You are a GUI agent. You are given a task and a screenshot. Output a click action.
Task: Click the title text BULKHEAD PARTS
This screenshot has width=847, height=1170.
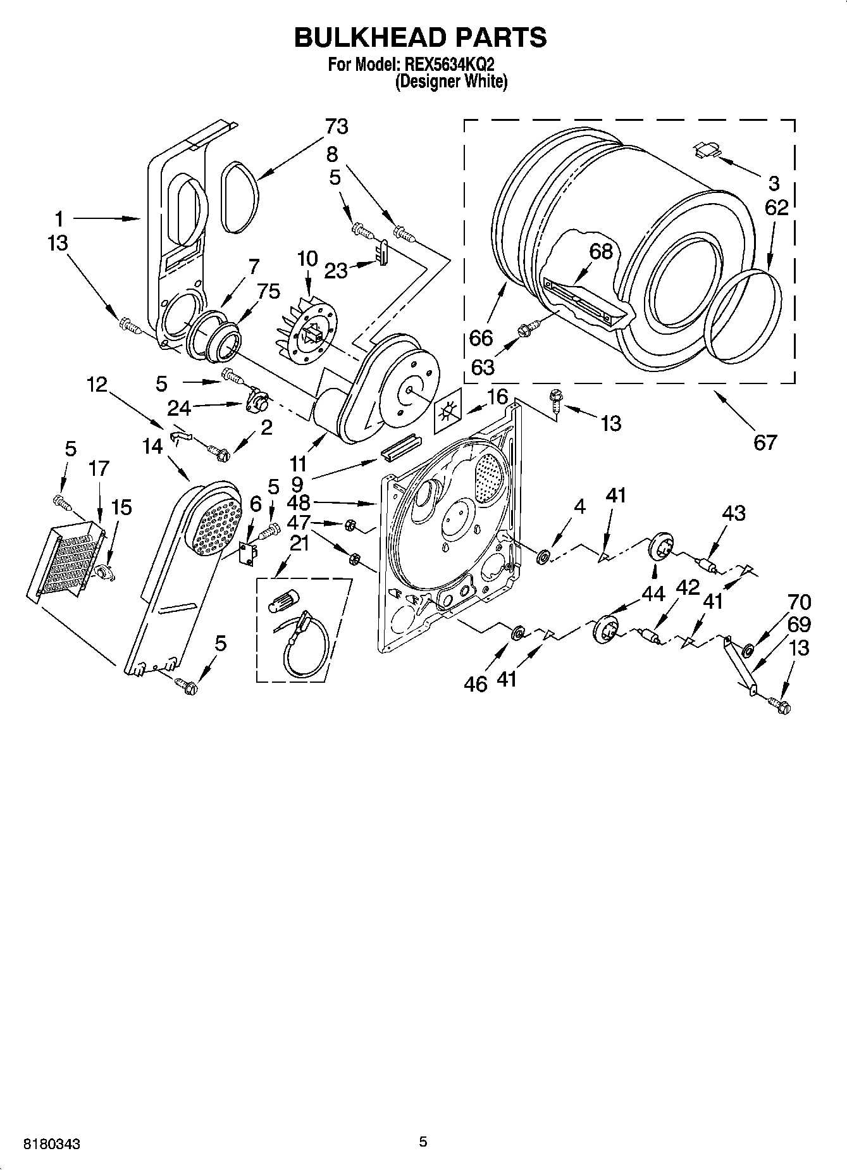pos(420,38)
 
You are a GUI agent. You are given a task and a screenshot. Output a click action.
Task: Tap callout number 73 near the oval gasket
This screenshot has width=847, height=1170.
pos(337,127)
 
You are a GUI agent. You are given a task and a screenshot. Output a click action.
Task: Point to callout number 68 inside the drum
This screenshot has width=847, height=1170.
pos(601,251)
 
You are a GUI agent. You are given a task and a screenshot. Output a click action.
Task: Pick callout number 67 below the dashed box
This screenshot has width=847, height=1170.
pos(765,442)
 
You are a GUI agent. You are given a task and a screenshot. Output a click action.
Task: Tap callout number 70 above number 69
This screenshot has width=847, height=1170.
pos(799,601)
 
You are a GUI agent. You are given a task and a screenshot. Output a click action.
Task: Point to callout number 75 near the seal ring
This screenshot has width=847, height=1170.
pos(268,291)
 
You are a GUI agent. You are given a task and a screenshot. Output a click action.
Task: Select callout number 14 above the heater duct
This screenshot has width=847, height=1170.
pos(152,446)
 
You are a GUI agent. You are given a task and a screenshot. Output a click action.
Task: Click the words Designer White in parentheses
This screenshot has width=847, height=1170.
pos(451,82)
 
